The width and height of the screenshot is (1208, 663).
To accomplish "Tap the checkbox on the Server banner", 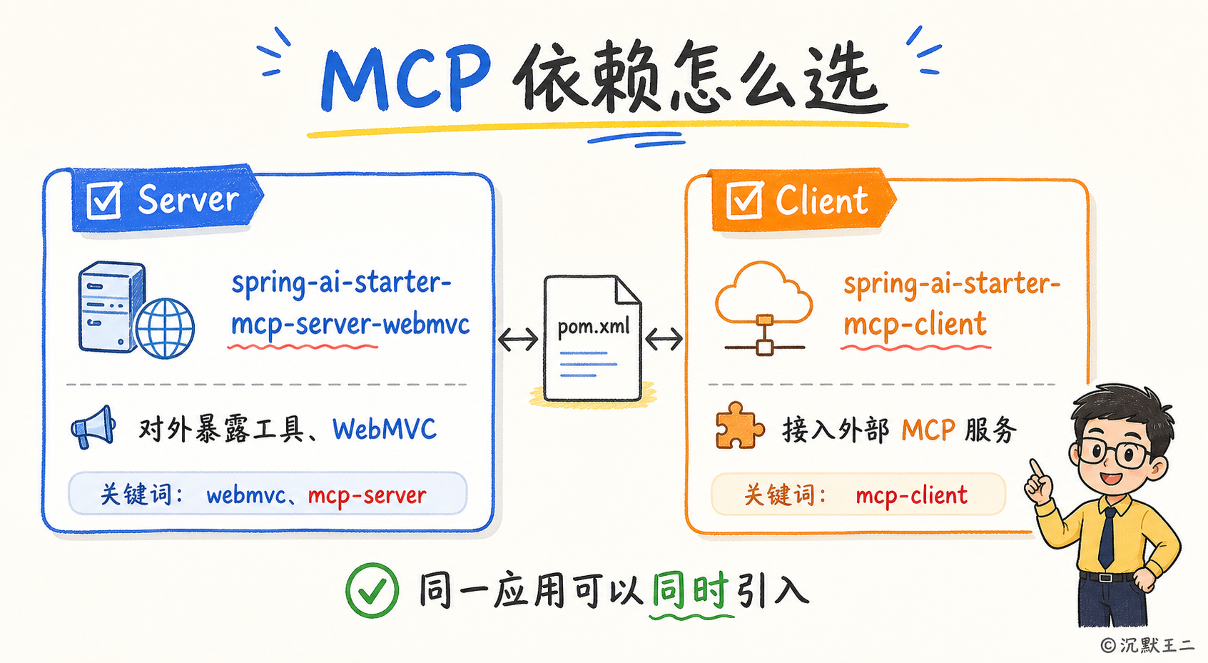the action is (105, 201).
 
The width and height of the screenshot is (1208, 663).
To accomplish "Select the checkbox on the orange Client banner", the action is (744, 201).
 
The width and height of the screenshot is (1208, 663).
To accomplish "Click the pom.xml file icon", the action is (593, 338).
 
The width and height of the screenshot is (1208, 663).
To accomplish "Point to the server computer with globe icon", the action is (136, 310).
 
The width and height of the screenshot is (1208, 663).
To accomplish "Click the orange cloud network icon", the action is (763, 308).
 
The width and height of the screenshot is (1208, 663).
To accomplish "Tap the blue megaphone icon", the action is (93, 427).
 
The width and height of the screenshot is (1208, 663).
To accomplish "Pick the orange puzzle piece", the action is (739, 425).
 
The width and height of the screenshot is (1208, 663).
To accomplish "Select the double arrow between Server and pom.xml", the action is (518, 339).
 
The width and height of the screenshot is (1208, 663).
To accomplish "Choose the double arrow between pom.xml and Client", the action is (664, 339).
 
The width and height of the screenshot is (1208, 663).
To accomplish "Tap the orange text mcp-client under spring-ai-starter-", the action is (915, 325).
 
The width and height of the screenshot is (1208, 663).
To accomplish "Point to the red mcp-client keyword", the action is (911, 495).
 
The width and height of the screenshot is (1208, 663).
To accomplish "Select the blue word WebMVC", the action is (384, 430).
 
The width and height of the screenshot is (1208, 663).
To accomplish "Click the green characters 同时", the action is (690, 590).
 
